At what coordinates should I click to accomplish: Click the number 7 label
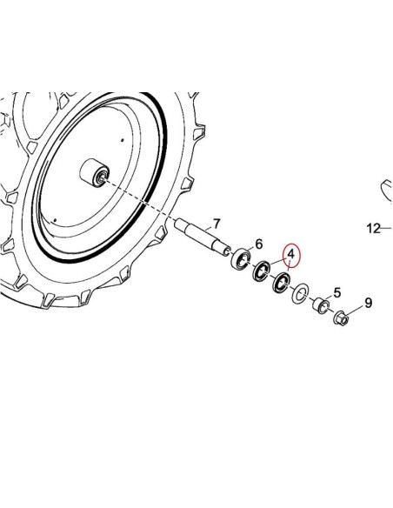[216, 224]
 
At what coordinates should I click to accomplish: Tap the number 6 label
[259, 244]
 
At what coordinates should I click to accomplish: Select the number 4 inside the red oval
[291, 254]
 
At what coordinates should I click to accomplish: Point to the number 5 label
[337, 292]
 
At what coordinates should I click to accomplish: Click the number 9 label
[368, 303]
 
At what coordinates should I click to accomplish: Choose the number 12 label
[373, 229]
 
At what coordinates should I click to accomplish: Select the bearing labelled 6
[241, 258]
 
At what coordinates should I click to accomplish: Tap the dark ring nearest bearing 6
[261, 271]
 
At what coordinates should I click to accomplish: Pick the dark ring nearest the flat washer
[282, 282]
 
